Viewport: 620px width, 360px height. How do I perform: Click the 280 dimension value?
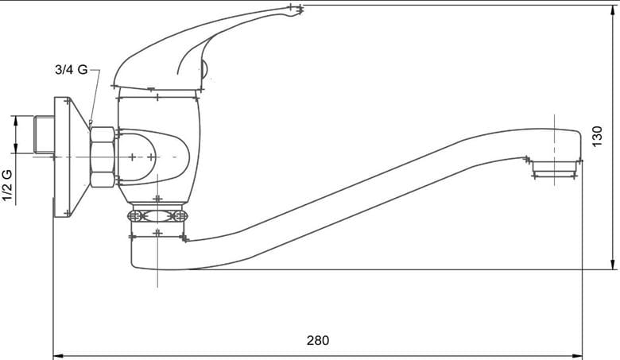click(x=317, y=340)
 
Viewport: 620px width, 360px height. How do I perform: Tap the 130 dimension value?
click(x=597, y=136)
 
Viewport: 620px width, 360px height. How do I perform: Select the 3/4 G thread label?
click(x=72, y=70)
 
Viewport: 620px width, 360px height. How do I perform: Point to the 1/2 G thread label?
click(x=7, y=185)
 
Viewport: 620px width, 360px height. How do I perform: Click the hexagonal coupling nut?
click(x=103, y=157)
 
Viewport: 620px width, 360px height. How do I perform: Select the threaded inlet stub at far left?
click(x=45, y=134)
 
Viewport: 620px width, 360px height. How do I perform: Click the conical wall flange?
click(x=72, y=157)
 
